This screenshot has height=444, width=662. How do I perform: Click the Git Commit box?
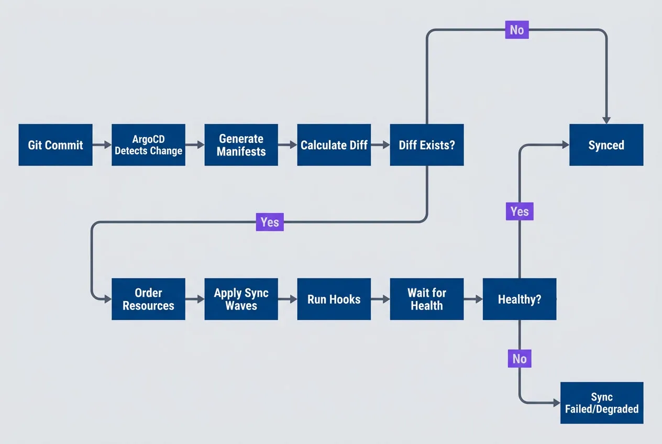coord(56,145)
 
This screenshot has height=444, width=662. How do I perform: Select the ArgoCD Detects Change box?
coord(148,145)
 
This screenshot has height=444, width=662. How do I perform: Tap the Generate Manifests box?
coord(241,145)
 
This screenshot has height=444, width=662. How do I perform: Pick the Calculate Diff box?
coord(334,145)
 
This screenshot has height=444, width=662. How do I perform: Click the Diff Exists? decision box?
coord(427,145)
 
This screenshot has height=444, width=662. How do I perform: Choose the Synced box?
coord(606,145)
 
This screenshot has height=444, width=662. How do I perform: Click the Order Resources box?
coord(148,299)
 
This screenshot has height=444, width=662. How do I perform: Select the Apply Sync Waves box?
coord(241,299)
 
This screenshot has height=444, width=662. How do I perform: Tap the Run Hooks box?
coord(334,299)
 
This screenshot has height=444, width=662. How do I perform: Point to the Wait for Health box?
coord(427,299)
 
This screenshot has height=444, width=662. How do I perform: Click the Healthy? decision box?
coord(520,299)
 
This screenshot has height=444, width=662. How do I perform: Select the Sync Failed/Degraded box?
coord(602,403)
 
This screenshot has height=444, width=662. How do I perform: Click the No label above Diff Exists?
coord(516,30)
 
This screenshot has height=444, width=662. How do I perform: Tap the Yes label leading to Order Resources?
coord(270,222)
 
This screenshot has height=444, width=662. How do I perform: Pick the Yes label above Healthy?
coord(520,212)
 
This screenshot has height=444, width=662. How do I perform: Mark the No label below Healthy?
coord(520,359)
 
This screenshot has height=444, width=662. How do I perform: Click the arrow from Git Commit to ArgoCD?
coord(102,145)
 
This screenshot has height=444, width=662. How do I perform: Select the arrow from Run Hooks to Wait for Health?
coord(380,299)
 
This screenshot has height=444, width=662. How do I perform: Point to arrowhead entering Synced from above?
coord(606,119)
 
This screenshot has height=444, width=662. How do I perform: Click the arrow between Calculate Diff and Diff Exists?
coord(380,145)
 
